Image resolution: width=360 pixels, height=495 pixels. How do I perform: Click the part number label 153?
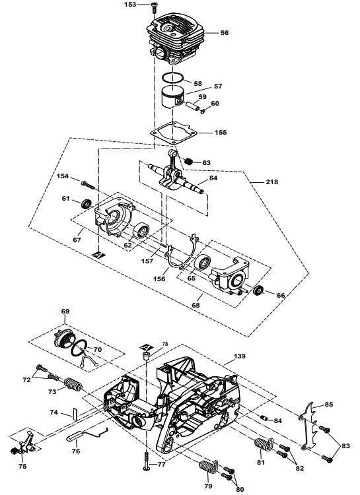(x=130, y=5)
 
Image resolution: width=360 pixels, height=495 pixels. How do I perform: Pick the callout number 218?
(x=272, y=181)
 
